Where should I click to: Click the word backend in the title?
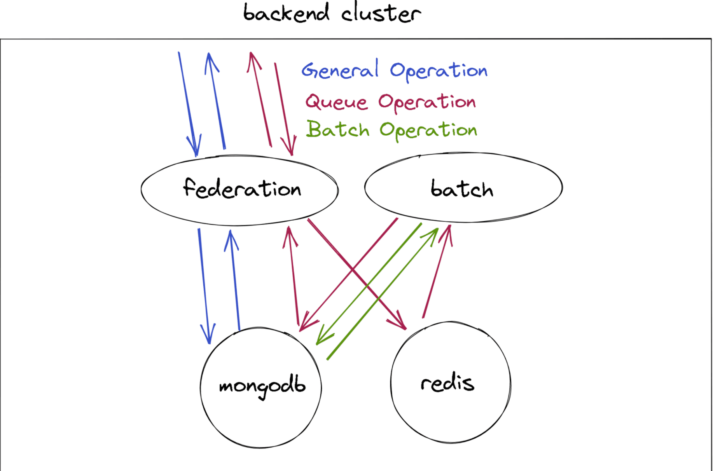pos(286,13)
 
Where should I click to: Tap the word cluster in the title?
pos(381,14)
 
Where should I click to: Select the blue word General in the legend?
pos(340,70)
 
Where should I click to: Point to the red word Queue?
pos(336,102)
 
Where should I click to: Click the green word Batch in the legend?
pos(337,129)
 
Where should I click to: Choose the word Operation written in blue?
pos(438,71)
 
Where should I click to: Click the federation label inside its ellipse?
pos(242,189)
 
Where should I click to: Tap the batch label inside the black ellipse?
pos(462,189)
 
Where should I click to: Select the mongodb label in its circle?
pos(262,386)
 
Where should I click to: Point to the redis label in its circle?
pos(447,383)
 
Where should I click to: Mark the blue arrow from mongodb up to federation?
pos(234,280)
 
